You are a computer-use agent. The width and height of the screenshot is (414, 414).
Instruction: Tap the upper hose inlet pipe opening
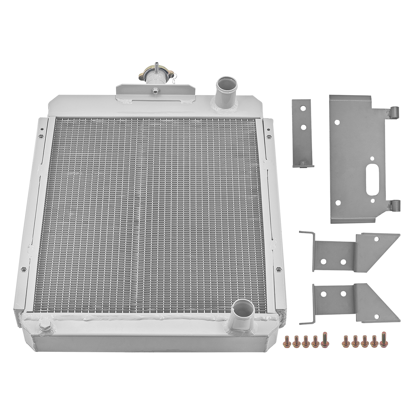point(227,83)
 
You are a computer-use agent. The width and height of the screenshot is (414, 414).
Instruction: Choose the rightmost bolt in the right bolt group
point(383,339)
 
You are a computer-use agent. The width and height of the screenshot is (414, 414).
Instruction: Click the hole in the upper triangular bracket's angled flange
point(376,239)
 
